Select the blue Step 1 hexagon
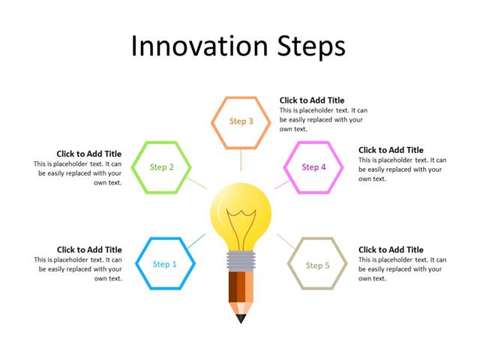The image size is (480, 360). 166,264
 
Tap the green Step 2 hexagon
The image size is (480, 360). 162,167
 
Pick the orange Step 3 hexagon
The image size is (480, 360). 241,121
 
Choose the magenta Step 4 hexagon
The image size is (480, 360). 313,167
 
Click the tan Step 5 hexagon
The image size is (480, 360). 318,265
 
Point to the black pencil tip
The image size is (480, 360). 241,319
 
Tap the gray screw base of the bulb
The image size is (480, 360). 241,261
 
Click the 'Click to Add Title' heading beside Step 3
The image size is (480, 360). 312,100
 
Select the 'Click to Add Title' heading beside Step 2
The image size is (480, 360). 88,154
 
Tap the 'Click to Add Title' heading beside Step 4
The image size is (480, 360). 391,150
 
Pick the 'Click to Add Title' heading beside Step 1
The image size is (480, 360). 88,250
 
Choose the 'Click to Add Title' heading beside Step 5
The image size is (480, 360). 391,250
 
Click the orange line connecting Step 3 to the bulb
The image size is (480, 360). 241,160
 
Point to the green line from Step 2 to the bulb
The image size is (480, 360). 197,182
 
